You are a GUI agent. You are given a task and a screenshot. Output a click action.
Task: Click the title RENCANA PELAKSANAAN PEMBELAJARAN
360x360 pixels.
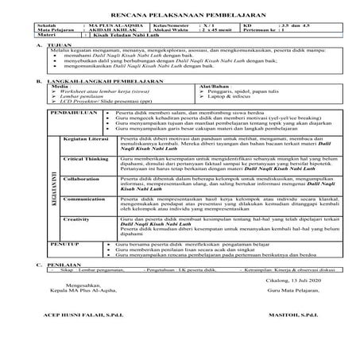tap(180, 15)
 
